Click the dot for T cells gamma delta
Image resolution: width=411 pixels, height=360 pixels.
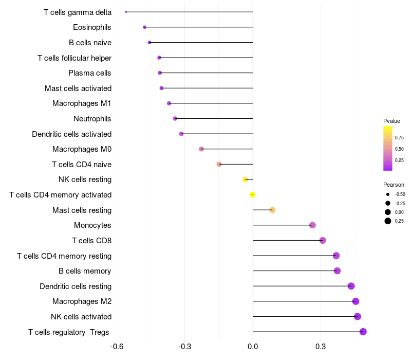[126, 12]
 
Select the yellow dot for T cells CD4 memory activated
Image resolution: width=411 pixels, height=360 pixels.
[252, 194]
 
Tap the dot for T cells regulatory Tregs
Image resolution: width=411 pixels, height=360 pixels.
[363, 332]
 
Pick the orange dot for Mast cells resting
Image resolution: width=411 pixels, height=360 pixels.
[272, 210]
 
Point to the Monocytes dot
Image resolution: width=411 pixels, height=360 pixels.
[312, 225]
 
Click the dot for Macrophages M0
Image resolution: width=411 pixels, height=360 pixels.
[201, 149]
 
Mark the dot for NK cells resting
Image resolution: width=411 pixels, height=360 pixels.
[245, 179]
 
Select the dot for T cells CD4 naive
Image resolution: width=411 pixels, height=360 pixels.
[219, 164]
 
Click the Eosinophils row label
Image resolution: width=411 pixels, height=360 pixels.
[92, 27]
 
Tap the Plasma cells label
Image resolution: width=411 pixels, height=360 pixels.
[90, 73]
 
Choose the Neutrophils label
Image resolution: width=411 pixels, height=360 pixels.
[92, 119]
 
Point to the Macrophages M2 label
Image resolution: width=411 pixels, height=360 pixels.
[82, 301]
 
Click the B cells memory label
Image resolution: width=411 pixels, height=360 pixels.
[85, 271]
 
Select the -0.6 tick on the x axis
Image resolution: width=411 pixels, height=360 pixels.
[117, 346]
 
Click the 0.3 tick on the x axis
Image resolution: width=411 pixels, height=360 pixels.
[321, 346]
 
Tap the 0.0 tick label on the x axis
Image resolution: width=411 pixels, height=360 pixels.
[253, 346]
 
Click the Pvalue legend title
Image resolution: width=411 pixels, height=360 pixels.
[391, 121]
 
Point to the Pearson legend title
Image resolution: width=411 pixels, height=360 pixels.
[394, 185]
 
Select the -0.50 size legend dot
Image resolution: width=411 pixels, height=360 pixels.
[387, 194]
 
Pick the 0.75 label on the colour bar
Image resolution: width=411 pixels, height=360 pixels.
[399, 137]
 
